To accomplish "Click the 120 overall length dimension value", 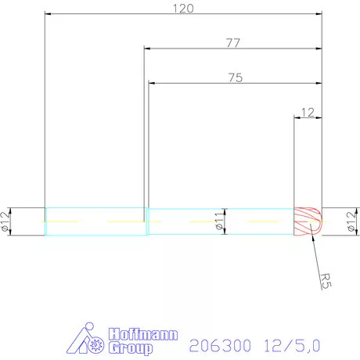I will pyautogui.click(x=183, y=9).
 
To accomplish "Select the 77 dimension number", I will pyautogui.click(x=232, y=44).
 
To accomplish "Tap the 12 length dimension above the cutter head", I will pyautogui.click(x=307, y=113).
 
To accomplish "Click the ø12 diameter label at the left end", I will pyautogui.click(x=6, y=221).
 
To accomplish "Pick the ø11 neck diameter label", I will pyautogui.click(x=220, y=223).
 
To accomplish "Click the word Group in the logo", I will pyautogui.click(x=130, y=346).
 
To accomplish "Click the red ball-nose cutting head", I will pyautogui.click(x=308, y=221).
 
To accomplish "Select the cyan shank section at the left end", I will pyautogui.click(x=94, y=221).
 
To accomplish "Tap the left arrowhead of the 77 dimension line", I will pyautogui.click(x=148, y=49).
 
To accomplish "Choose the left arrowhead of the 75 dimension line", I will pyautogui.click(x=152, y=83).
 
